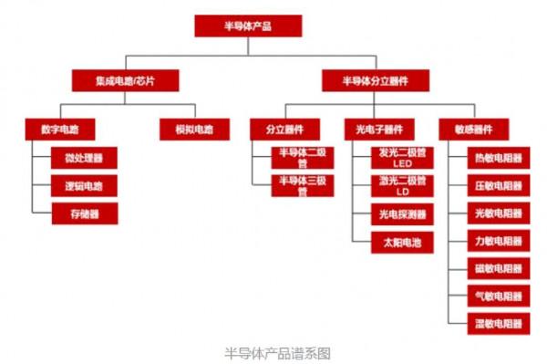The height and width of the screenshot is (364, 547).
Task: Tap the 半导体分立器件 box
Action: tap(375, 80)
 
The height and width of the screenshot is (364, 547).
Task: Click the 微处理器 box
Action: tap(84, 157)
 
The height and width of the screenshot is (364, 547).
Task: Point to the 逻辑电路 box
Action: tap(84, 185)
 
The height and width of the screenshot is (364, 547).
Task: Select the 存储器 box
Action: tap(84, 213)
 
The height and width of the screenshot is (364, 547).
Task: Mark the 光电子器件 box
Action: tap(379, 129)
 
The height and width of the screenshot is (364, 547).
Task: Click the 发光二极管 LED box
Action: tap(402, 157)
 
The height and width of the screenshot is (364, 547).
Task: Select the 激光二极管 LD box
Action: tap(402, 186)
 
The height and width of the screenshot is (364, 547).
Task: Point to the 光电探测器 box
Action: tap(402, 214)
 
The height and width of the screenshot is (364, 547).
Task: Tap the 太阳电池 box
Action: tap(402, 243)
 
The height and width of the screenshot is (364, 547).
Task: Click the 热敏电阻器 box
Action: tap(500, 158)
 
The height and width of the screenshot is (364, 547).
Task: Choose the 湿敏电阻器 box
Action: tap(500, 323)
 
